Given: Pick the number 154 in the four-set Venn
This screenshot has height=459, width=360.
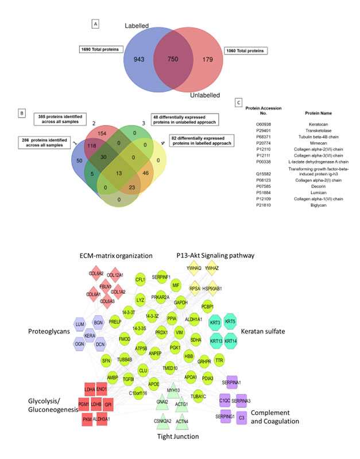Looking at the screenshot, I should point(88,133).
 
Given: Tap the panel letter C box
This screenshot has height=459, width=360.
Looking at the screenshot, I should point(239,102).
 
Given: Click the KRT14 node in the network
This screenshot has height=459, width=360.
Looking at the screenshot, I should point(230,343).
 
